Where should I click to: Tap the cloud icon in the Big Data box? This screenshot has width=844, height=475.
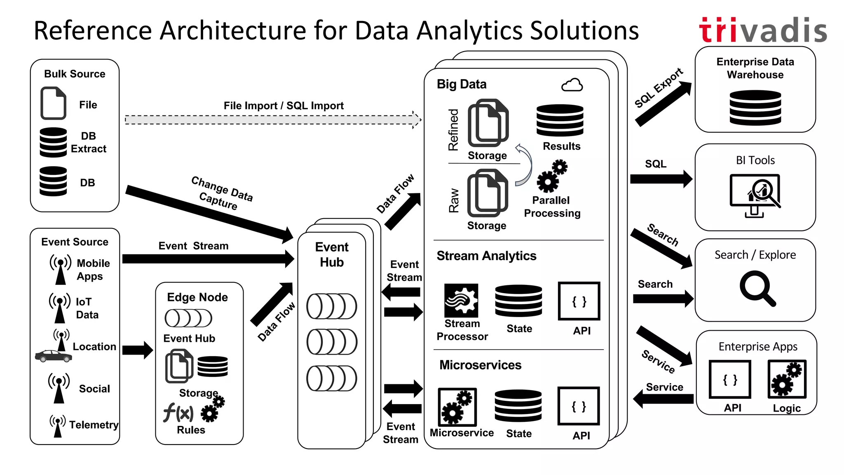coord(572,85)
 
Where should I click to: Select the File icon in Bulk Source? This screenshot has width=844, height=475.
coord(54,103)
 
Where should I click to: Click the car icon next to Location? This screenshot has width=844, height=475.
coord(54,356)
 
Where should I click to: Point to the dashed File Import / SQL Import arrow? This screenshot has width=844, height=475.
coord(272,120)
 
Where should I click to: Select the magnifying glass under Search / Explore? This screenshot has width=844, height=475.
coord(757,288)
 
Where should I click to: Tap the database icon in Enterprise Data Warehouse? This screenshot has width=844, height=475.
coord(755,108)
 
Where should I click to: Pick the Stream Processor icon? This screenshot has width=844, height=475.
coord(461,300)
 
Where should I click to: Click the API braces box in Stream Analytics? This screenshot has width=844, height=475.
coord(579,301)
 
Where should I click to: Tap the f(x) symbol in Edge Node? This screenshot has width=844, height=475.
coord(178,412)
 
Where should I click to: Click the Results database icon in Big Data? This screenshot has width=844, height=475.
coord(560,120)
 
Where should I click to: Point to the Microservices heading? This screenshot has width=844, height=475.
coord(480,365)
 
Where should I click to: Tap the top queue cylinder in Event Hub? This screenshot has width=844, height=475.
coord(331,306)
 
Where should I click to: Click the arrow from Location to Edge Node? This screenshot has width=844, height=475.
coord(137,350)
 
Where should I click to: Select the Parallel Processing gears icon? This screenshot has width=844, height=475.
coord(552,176)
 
